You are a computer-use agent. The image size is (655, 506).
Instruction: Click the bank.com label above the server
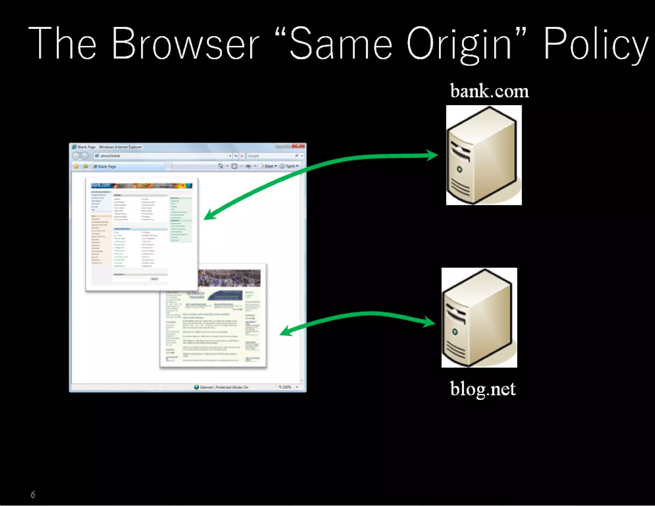point(489,91)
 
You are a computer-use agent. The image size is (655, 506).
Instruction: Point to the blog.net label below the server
point(483,389)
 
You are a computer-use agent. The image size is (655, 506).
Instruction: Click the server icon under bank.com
point(484,155)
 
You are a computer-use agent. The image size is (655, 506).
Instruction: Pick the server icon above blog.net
point(479,318)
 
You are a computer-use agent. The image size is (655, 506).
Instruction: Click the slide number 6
point(33,495)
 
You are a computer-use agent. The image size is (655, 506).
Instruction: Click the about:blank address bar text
point(110,156)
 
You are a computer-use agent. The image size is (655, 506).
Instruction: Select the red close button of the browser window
point(299,146)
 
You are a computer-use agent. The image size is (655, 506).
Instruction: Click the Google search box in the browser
point(270,156)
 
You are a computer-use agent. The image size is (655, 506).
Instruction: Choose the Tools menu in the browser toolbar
point(290,166)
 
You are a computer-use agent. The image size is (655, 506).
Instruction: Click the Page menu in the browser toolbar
point(269,166)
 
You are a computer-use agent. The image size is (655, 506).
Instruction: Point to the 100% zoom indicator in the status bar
point(287,387)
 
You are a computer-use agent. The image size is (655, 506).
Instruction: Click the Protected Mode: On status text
point(232,387)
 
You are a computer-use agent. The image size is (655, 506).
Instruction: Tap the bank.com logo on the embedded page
point(100,185)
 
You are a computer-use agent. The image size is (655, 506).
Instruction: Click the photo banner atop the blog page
point(229,278)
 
